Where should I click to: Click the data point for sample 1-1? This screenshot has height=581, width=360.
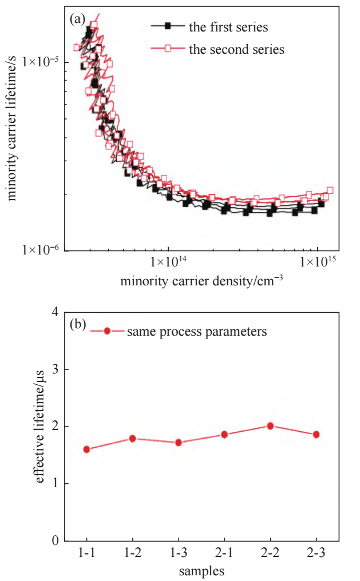pos(86,449)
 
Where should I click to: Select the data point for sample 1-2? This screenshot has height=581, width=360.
pos(132,438)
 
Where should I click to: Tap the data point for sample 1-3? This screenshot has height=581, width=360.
pos(179,442)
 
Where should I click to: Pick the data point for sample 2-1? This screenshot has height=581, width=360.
pos(224,434)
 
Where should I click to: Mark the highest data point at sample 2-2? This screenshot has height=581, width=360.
pos(270,425)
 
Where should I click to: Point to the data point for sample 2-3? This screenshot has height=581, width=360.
pos(316,434)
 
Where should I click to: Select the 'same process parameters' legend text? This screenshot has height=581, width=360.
pos(197,331)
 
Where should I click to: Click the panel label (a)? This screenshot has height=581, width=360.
pos(78,19)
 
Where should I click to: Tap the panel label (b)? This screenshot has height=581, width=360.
pos(78,325)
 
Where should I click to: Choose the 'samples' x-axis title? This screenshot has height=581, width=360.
pos(201,571)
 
